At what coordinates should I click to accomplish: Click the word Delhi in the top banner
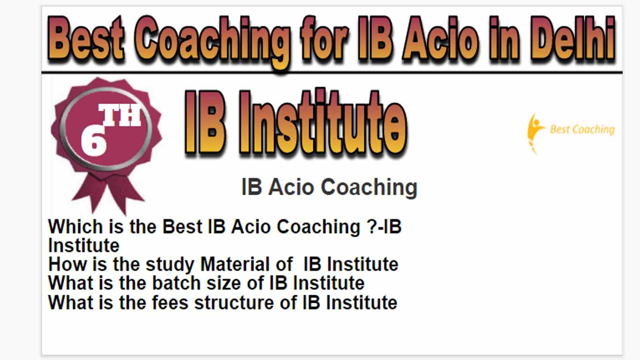click(x=573, y=38)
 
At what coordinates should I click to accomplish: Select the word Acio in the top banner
click(x=440, y=38)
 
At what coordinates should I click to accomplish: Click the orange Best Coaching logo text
click(x=582, y=130)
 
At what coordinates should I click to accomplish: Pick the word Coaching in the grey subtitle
click(x=369, y=188)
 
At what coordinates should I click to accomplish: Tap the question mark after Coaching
click(x=372, y=227)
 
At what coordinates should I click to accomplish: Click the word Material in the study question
click(x=235, y=264)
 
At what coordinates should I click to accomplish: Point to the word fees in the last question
click(x=170, y=302)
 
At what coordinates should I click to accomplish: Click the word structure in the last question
click(x=234, y=302)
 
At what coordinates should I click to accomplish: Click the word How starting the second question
click(x=68, y=264)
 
